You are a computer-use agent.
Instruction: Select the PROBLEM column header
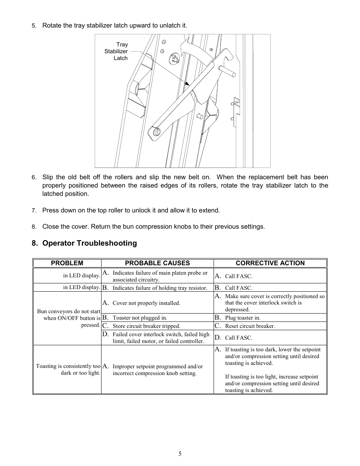click(x=67, y=263)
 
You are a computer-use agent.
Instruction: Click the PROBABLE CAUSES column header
click(x=157, y=263)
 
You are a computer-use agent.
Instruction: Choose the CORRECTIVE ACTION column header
click(x=270, y=263)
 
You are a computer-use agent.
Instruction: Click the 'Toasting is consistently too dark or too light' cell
click(x=68, y=369)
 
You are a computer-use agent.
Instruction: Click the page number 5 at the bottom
click(x=180, y=454)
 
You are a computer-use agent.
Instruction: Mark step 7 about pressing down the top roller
click(x=131, y=210)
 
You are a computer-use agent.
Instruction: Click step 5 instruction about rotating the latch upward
click(x=114, y=25)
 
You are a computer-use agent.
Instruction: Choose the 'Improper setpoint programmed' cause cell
click(x=157, y=370)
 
